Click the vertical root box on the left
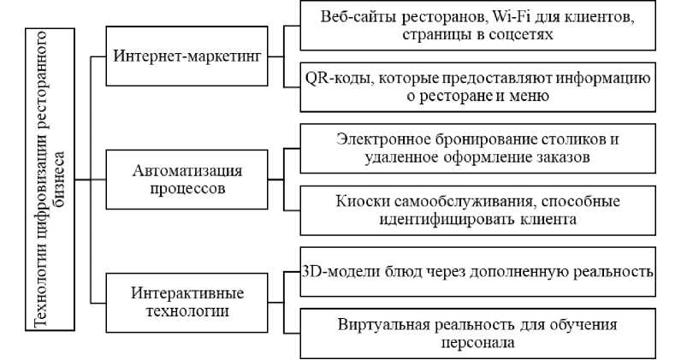coord(50,180)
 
